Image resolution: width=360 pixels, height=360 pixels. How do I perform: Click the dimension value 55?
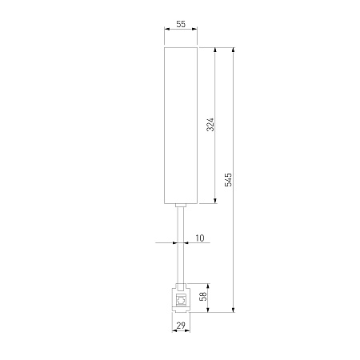point(181,24)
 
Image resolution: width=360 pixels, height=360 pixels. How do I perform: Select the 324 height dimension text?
point(210,124)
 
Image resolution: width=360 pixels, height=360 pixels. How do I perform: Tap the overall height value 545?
point(229,180)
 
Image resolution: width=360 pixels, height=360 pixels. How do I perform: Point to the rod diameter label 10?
point(200,238)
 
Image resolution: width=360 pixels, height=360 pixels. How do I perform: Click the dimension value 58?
point(203,296)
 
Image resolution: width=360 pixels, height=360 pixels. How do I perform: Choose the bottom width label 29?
point(181,326)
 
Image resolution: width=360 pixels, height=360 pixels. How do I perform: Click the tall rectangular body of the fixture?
point(181,126)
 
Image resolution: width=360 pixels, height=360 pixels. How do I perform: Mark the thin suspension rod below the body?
point(181,246)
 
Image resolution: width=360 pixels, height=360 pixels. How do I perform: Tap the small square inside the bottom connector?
point(181,299)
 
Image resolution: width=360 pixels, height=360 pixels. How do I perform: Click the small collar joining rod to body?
point(181,206)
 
